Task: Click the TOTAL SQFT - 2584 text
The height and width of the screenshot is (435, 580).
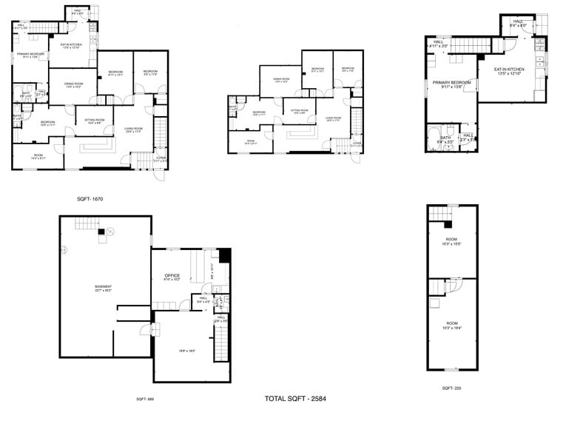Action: point(295,399)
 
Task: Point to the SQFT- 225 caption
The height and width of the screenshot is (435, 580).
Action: point(452,388)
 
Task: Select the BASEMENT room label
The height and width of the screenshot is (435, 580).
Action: point(103,289)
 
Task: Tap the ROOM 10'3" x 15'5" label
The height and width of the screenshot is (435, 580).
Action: point(451,241)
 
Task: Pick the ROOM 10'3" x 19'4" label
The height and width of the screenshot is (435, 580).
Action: point(451,324)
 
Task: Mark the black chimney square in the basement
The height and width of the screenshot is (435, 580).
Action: point(101,232)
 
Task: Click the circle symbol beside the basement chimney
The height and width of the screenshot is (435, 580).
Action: point(110,232)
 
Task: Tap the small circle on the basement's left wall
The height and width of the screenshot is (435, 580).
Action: point(64,249)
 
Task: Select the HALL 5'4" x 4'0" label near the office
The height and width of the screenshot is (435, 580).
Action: point(203,300)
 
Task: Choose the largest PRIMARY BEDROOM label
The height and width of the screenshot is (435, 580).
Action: point(451,86)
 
